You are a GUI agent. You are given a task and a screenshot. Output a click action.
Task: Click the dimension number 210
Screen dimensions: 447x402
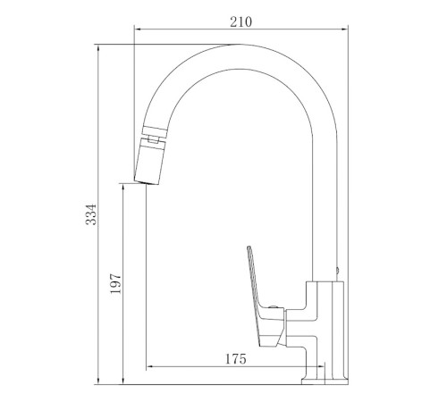(x=240, y=22)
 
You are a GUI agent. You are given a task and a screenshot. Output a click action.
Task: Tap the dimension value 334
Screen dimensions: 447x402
(x=91, y=214)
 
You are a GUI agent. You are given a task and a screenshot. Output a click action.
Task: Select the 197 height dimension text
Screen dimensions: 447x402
(x=116, y=283)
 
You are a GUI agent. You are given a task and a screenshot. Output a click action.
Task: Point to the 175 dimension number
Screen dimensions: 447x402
(x=235, y=359)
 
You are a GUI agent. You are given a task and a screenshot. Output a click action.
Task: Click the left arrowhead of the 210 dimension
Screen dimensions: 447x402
(x=138, y=29)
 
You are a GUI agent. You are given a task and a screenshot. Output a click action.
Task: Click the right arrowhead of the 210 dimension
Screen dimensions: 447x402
(x=344, y=29)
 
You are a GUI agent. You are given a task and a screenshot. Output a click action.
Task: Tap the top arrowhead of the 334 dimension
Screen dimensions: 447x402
(x=98, y=48)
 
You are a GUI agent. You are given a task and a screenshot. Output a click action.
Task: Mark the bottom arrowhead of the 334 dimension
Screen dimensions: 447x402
(x=98, y=381)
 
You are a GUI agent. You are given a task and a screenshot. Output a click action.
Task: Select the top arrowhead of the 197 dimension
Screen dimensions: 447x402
(x=123, y=188)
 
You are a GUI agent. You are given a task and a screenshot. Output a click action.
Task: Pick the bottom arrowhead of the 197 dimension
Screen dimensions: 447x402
(x=123, y=381)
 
